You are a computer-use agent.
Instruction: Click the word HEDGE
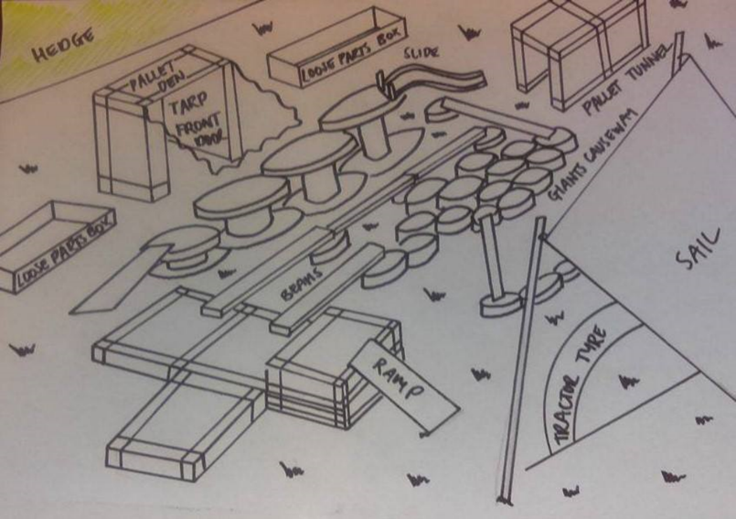pos(64,49)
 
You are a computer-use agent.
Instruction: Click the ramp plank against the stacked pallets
pos(403,384)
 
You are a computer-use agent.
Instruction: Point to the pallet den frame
pos(128,146)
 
